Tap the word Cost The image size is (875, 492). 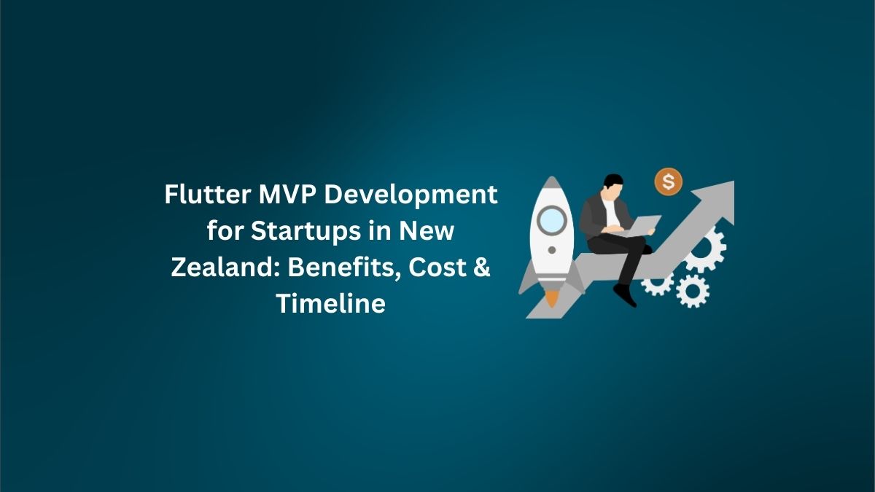pyautogui.click(x=434, y=267)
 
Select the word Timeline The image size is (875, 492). pyautogui.click(x=330, y=302)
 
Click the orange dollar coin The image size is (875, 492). pyautogui.click(x=668, y=180)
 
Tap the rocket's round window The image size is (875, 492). pyautogui.click(x=552, y=218)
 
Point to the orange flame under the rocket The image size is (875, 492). pyautogui.click(x=553, y=298)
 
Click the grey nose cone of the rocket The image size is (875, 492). pyautogui.click(x=552, y=186)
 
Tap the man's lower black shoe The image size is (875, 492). pyautogui.click(x=625, y=294)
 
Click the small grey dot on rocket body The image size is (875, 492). pyautogui.click(x=552, y=250)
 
